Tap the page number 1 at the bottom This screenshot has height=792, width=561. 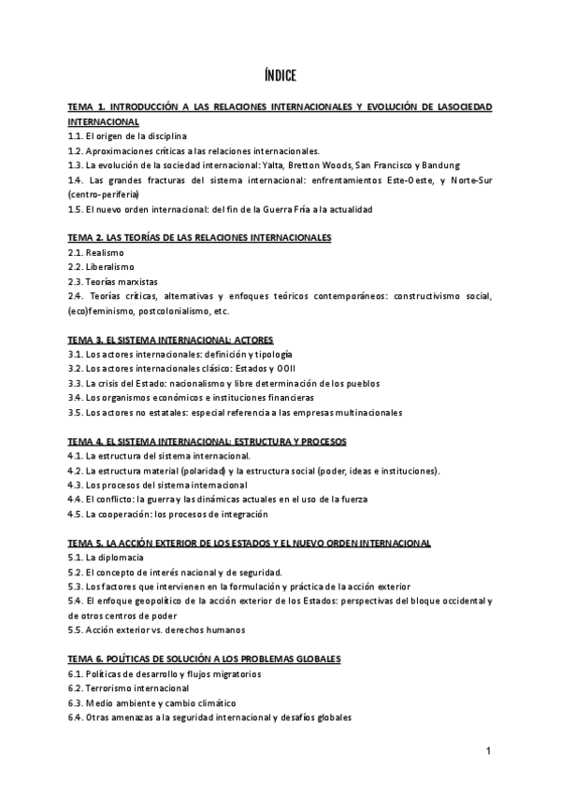point(488,752)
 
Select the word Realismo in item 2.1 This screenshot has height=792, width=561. point(105,253)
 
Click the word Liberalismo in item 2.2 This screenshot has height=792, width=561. point(111,267)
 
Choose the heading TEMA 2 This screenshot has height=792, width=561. point(200,238)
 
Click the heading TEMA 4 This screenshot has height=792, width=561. point(207,441)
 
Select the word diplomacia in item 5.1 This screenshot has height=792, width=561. point(122,557)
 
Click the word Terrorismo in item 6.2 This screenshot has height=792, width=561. point(112,687)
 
